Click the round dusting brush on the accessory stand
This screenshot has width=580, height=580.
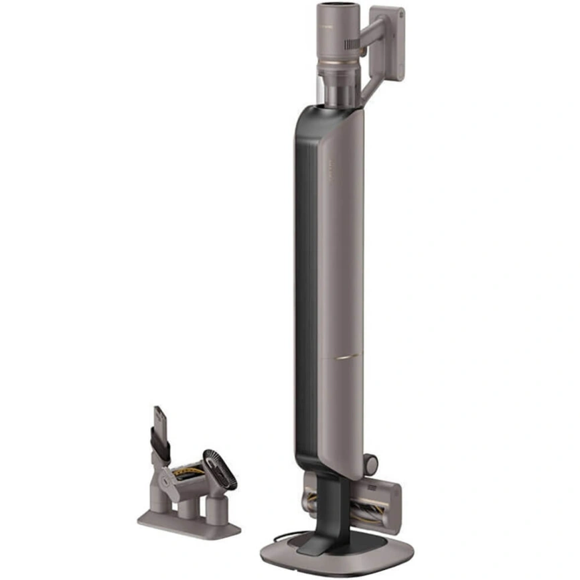click(x=220, y=469)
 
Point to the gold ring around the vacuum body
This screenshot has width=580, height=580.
click(x=341, y=65)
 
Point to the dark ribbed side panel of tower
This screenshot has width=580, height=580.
click(x=303, y=268)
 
